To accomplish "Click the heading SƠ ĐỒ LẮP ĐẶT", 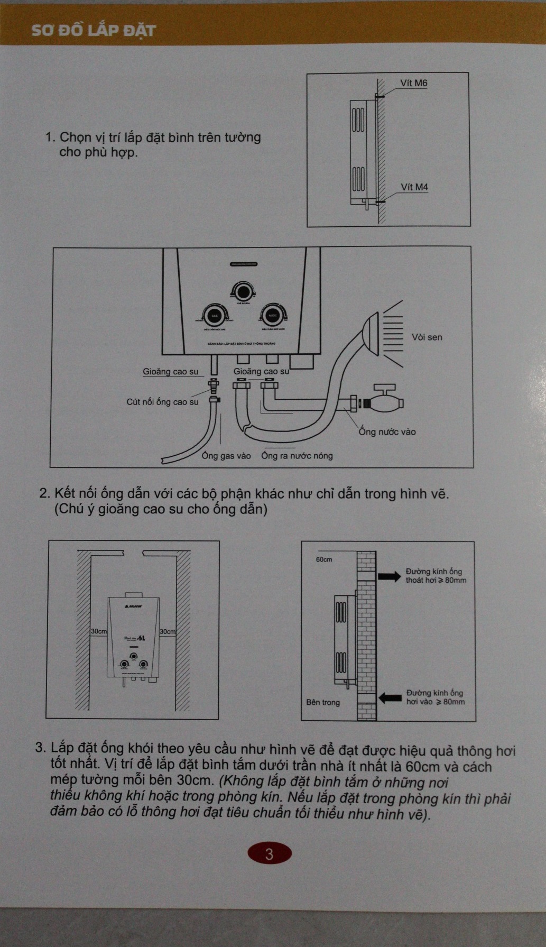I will tap(94, 30).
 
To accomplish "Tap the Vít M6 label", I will tap(413, 83).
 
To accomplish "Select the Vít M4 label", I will tap(414, 187).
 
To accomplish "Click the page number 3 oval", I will tap(270, 853).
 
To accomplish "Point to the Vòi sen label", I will tap(427, 337).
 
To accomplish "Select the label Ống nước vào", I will tap(387, 432).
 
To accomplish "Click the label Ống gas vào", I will tap(226, 456).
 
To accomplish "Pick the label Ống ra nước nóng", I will tap(297, 456).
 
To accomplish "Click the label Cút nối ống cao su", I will tap(162, 402).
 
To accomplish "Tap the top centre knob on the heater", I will tap(243, 291).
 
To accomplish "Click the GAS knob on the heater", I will tap(215, 316).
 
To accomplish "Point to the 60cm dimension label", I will tap(324, 559).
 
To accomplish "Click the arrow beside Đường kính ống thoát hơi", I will tap(389, 576).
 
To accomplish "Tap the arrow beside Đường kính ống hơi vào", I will tap(390, 698).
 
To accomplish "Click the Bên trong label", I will tap(323, 702).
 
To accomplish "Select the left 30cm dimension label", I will tap(99, 631).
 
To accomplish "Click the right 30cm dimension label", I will tap(168, 631).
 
